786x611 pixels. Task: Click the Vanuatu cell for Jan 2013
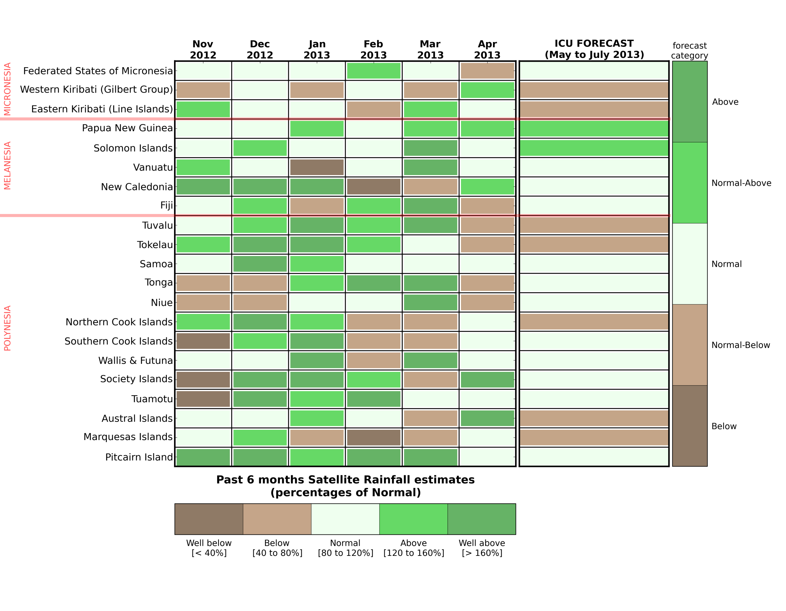[x=317, y=167]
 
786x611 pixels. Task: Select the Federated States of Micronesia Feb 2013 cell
[x=374, y=71]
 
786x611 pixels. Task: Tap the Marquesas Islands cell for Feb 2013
[x=374, y=438]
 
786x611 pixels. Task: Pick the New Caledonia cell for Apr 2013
[x=487, y=187]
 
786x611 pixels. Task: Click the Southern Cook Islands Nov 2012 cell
[x=203, y=341]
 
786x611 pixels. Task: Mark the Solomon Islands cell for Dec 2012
[x=260, y=148]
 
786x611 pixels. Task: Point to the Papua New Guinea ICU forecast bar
[x=594, y=129]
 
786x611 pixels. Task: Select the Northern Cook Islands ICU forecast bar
[x=594, y=322]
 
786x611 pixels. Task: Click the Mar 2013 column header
[x=431, y=50]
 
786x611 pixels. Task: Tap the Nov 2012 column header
[x=203, y=50]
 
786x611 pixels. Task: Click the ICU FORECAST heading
[x=594, y=49]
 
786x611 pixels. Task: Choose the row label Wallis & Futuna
[x=136, y=360]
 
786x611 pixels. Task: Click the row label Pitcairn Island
[x=139, y=457]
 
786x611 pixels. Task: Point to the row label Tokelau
[x=155, y=245]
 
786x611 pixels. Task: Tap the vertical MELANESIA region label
[x=8, y=165]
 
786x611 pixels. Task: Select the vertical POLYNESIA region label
[x=8, y=328]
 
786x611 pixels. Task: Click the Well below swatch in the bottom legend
[x=209, y=519]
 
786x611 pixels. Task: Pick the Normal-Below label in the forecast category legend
[x=740, y=345]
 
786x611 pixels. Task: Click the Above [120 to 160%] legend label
[x=414, y=548]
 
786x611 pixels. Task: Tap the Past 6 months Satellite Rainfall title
[x=345, y=486]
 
